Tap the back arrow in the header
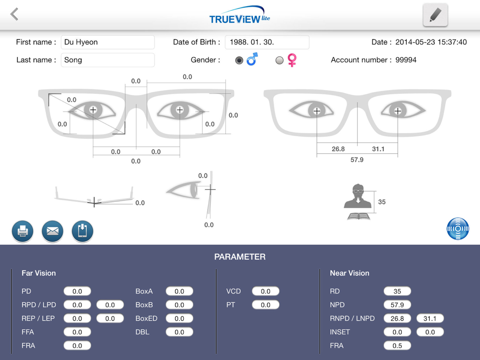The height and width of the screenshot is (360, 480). point(15,14)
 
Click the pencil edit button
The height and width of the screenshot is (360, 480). point(435,15)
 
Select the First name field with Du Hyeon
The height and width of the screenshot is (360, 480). point(108,42)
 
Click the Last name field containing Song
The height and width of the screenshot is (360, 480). point(108,60)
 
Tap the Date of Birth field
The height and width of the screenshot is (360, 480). point(267,42)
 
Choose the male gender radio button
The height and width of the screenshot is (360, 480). point(239,60)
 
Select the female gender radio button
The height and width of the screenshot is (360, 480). point(279,60)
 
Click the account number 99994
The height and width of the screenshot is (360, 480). point(406,60)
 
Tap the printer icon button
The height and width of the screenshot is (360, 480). point(22,231)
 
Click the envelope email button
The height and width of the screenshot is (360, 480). point(52,231)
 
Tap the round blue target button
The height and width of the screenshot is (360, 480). point(458,229)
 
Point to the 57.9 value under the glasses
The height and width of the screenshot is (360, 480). point(357,160)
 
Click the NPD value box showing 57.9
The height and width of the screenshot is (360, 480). point(397,305)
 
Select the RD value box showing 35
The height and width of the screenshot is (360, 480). point(397,291)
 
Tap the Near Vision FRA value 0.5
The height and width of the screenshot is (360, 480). point(397,345)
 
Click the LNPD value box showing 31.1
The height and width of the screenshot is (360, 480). point(430,318)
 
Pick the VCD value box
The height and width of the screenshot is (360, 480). point(265,291)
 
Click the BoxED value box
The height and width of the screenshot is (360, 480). point(179,318)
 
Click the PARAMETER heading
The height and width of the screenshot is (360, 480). point(240,257)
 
